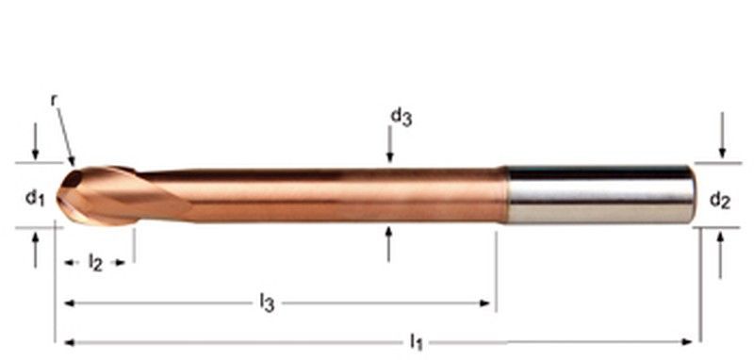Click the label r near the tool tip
pyautogui.click(x=55, y=101)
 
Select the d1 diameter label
pyautogui.click(x=35, y=198)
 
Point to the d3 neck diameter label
pyautogui.click(x=402, y=116)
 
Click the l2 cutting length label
pyautogui.click(x=95, y=262)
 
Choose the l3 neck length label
pyautogui.click(x=267, y=303)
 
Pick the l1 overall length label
pyautogui.click(x=417, y=342)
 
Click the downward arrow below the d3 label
pyautogui.click(x=389, y=144)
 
